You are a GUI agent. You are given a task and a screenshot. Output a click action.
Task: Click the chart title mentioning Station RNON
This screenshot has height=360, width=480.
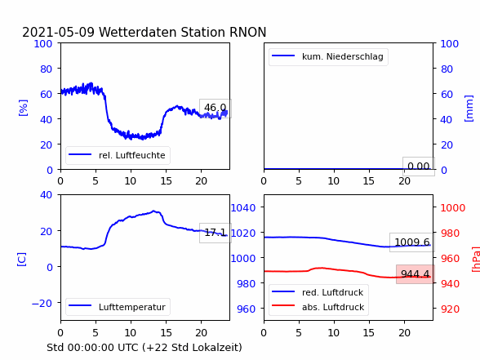(144, 32)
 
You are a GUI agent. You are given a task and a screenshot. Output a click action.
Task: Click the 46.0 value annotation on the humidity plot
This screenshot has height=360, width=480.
(216, 108)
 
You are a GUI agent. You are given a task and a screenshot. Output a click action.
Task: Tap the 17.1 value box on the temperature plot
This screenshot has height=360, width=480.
(216, 233)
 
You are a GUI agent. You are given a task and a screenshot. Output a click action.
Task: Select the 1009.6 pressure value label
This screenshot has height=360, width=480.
(412, 242)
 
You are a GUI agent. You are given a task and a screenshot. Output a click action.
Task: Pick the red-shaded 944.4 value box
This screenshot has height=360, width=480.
(415, 274)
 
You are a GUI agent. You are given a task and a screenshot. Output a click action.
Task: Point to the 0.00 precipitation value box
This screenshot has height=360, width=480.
(419, 167)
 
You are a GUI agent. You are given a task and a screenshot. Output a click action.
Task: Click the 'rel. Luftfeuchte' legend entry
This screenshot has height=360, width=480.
(118, 155)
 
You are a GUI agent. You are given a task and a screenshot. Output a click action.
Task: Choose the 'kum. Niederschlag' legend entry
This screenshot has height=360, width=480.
(328, 56)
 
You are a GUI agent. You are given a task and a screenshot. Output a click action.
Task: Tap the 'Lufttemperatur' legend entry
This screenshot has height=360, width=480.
(118, 307)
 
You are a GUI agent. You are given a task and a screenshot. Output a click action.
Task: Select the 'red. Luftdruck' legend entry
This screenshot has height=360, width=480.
(318, 292)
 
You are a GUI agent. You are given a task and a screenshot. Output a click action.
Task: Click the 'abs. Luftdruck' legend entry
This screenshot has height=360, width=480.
(318, 307)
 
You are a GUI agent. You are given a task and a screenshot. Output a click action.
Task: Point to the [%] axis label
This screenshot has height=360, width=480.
(23, 108)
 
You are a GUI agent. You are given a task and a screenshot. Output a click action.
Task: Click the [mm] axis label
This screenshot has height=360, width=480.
(469, 109)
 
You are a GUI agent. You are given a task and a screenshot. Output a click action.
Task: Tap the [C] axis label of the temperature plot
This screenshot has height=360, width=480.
(22, 260)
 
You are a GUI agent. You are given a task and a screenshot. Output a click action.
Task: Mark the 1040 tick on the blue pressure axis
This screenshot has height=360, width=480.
(243, 208)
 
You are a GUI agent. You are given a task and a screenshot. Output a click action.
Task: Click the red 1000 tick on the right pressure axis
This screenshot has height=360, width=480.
(453, 208)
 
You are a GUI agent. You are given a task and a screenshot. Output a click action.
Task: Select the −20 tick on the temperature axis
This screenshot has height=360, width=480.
(42, 304)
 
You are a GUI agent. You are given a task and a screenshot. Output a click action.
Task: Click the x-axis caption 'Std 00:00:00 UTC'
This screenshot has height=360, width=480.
(94, 348)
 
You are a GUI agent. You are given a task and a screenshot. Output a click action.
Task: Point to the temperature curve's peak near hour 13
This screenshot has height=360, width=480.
(153, 211)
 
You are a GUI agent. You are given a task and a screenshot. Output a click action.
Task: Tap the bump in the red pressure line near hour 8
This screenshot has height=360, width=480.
(321, 268)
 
